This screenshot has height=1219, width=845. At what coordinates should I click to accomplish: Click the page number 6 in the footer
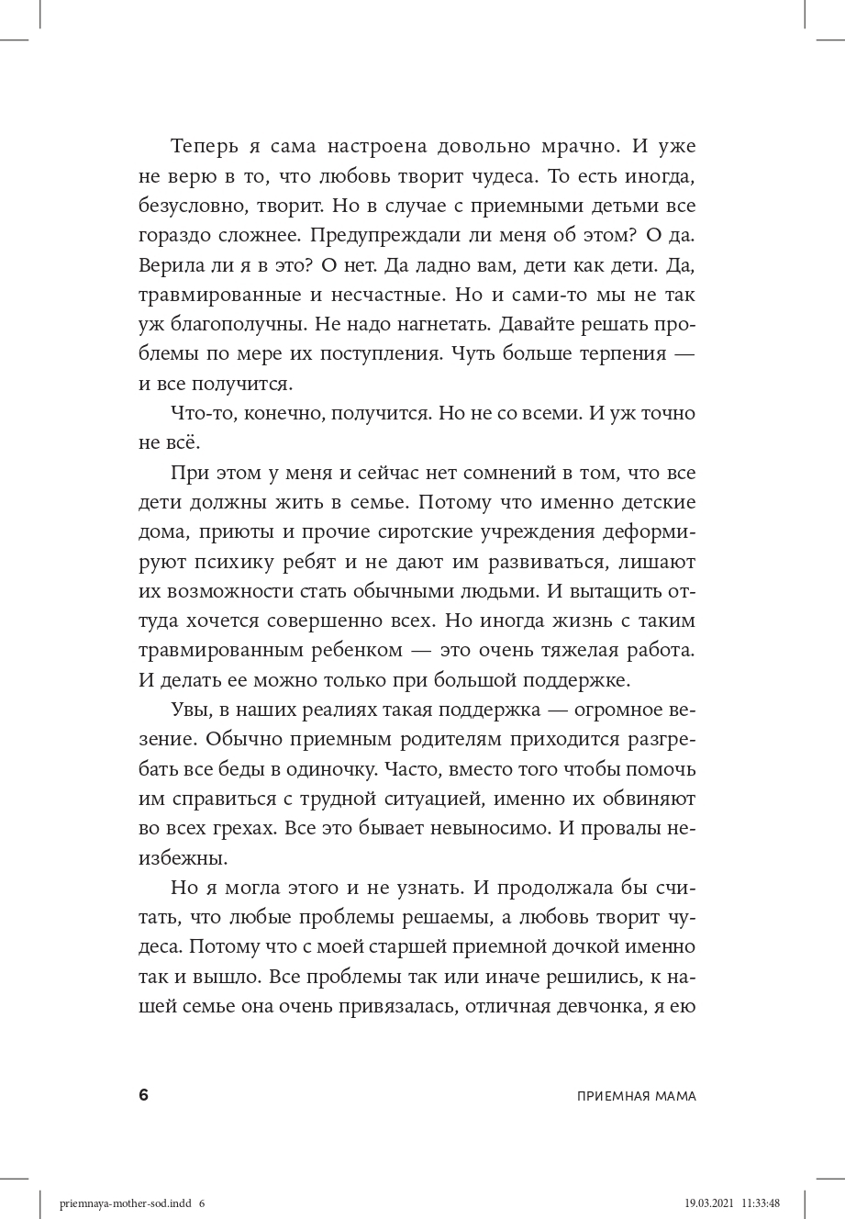143,1095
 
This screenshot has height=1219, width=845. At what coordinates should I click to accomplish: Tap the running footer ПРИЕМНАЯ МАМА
638,1096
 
